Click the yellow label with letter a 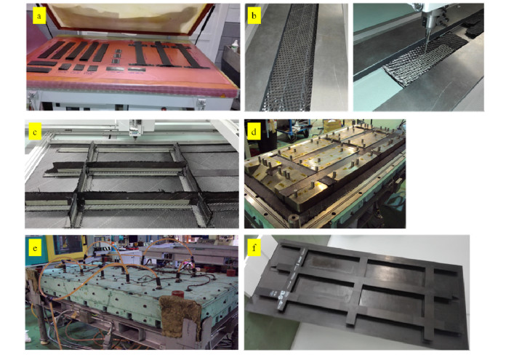(39, 16)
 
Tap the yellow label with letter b (254, 16)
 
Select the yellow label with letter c (35, 132)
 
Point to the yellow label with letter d (254, 132)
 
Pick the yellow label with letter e (35, 248)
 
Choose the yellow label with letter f (254, 248)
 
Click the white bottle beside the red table (234, 47)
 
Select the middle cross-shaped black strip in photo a (163, 54)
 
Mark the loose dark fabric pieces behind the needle (475, 25)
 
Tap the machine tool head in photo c (135, 129)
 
